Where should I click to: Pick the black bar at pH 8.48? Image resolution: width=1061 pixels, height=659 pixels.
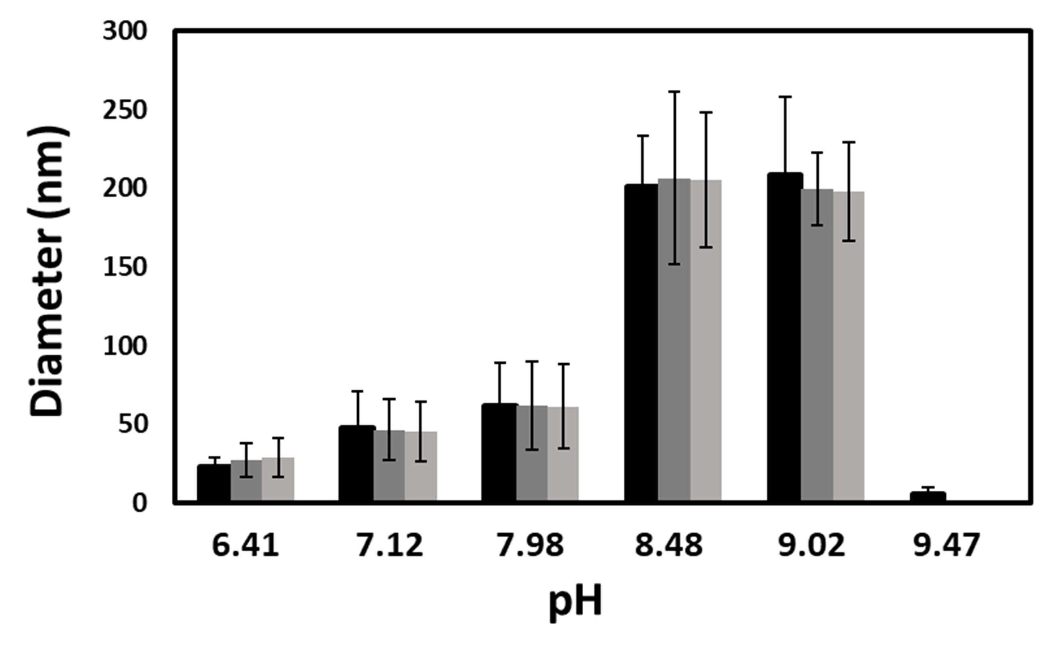pyautogui.click(x=641, y=343)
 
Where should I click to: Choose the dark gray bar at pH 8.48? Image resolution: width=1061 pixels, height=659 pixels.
pyautogui.click(x=674, y=340)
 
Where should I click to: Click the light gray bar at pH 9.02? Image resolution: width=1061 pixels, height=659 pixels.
pyautogui.click(x=849, y=347)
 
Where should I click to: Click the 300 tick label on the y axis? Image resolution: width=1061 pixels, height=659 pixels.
pyautogui.click(x=125, y=32)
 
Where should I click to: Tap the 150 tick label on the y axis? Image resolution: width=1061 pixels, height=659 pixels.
pyautogui.click(x=125, y=267)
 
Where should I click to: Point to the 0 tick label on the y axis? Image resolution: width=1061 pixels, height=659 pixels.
pyautogui.click(x=139, y=503)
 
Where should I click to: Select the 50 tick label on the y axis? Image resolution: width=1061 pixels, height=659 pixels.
pyautogui.click(x=132, y=424)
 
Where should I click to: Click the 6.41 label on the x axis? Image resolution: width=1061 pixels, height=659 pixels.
pyautogui.click(x=245, y=545)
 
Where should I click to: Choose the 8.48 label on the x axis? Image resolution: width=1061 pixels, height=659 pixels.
pyautogui.click(x=668, y=545)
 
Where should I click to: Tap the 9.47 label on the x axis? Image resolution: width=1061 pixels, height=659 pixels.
pyautogui.click(x=946, y=545)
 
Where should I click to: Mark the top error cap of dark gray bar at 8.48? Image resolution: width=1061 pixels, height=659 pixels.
pyautogui.click(x=674, y=91)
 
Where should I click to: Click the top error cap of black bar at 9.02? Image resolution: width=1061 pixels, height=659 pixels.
pyautogui.click(x=785, y=96)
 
